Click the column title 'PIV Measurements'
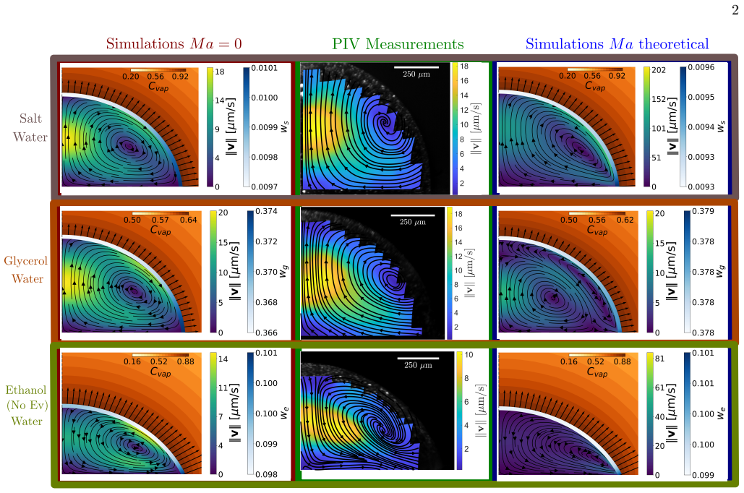(x=398, y=44)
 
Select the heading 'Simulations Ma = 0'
(x=174, y=43)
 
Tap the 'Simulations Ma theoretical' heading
(x=617, y=44)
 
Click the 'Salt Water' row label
(x=30, y=128)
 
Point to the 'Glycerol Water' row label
(x=25, y=270)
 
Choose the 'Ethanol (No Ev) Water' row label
(x=27, y=406)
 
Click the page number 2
(x=735, y=10)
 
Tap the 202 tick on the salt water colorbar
(x=659, y=70)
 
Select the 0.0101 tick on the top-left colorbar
(x=265, y=68)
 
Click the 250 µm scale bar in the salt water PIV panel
(x=416, y=67)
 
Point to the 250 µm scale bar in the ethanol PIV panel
(x=418, y=359)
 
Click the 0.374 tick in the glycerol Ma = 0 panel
(x=266, y=211)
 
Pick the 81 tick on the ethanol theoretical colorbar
(x=659, y=359)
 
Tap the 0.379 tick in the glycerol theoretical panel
(x=703, y=211)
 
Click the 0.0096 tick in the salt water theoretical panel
(x=701, y=67)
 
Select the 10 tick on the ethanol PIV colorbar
(x=469, y=355)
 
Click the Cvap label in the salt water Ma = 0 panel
(x=158, y=86)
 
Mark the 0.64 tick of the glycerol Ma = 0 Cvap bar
(x=189, y=220)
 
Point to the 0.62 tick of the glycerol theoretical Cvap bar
(x=625, y=220)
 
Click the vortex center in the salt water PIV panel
(x=385, y=121)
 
